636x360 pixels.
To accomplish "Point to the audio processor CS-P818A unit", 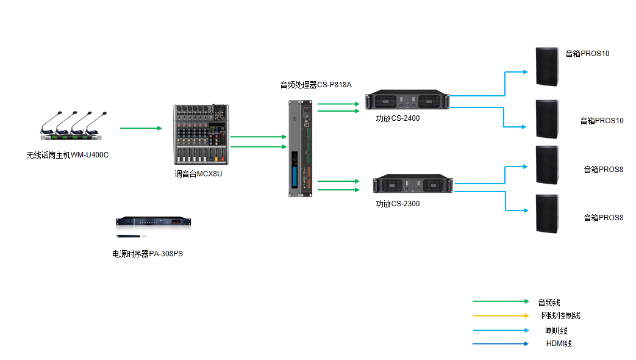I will coord(302,148).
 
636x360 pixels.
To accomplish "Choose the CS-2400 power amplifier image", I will coord(407,101).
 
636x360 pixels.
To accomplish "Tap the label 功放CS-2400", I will coord(398,118).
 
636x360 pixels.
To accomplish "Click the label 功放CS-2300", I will coord(398,204).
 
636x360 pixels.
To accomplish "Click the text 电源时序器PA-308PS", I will coord(148,254).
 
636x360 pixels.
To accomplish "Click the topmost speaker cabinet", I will coord(547,67).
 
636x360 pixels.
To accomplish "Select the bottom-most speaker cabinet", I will coord(547,213).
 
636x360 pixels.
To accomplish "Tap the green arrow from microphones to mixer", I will coord(141,128).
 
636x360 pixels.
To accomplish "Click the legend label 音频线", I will coord(549,303).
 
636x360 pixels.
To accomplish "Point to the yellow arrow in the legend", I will coord(501,316).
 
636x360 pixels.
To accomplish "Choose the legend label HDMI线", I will coord(559,344).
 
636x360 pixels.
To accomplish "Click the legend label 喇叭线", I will coord(556,331).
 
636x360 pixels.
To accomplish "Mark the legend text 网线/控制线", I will coord(561,316).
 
